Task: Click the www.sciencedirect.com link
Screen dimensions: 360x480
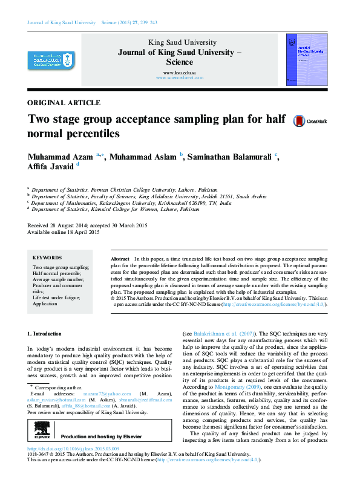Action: (x=179, y=78)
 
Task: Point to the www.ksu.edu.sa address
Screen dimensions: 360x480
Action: (x=180, y=73)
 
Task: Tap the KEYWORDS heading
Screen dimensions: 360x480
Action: (x=47, y=256)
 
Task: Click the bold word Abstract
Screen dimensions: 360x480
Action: (x=120, y=258)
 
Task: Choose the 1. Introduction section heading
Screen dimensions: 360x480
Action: (x=45, y=333)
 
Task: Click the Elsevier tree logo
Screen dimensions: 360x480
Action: (x=42, y=435)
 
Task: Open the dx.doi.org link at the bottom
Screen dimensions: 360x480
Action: (x=73, y=449)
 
